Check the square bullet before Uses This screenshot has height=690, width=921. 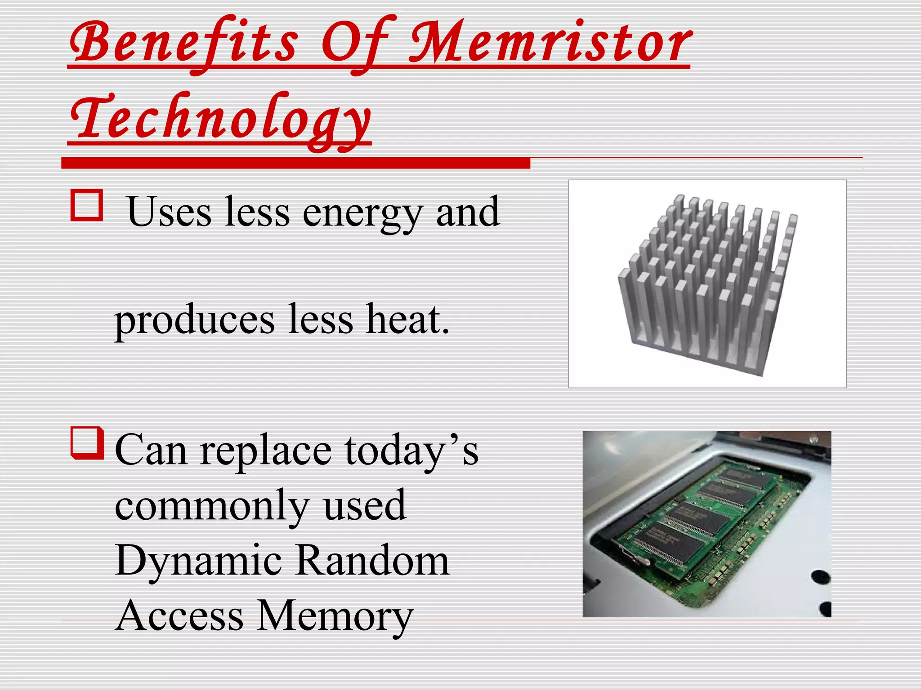pos(86,206)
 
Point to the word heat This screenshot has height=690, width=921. pos(407,319)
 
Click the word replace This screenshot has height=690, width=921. pos(266,451)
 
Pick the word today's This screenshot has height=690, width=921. pos(411,451)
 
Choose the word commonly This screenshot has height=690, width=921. pos(212,507)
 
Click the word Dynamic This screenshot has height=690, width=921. pos(198,562)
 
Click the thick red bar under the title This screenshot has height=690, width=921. pos(295,163)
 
